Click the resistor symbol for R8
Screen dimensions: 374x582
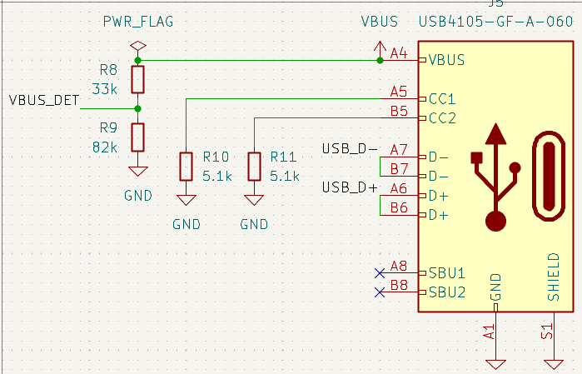(x=138, y=80)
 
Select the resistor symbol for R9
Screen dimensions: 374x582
(x=138, y=137)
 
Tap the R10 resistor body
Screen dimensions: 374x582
(x=187, y=166)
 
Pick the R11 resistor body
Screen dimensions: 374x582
(x=253, y=166)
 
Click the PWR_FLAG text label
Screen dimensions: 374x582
(x=138, y=22)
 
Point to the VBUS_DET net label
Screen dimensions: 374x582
(x=44, y=101)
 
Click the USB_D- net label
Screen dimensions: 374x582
(x=350, y=149)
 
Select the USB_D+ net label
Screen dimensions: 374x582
(x=350, y=187)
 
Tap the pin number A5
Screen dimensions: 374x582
(x=399, y=92)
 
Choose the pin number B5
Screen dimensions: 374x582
(x=399, y=111)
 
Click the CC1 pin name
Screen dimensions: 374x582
(x=442, y=99)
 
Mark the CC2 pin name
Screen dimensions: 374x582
(x=442, y=118)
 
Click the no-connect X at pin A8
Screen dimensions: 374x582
(x=380, y=272)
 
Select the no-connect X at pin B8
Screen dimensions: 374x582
(x=380, y=292)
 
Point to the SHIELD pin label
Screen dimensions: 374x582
(x=553, y=276)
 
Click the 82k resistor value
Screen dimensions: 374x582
(x=105, y=147)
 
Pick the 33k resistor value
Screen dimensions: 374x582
(x=105, y=88)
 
